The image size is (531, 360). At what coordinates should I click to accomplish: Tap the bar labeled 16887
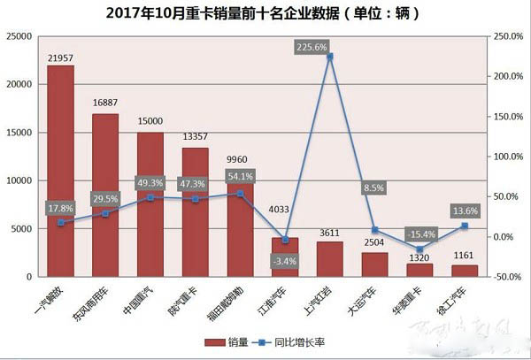pyautogui.click(x=105, y=195)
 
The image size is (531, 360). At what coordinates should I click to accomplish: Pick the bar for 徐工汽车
pyautogui.click(x=465, y=271)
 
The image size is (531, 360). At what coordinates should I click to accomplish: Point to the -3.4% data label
pyautogui.click(x=286, y=261)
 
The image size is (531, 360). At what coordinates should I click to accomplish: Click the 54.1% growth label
pyautogui.click(x=240, y=175)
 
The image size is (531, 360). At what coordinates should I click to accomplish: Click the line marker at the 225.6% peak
pyautogui.click(x=329, y=56)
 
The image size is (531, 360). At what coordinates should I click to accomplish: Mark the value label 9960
pyautogui.click(x=240, y=160)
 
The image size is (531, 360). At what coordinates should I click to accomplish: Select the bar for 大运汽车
pyautogui.click(x=375, y=264)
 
